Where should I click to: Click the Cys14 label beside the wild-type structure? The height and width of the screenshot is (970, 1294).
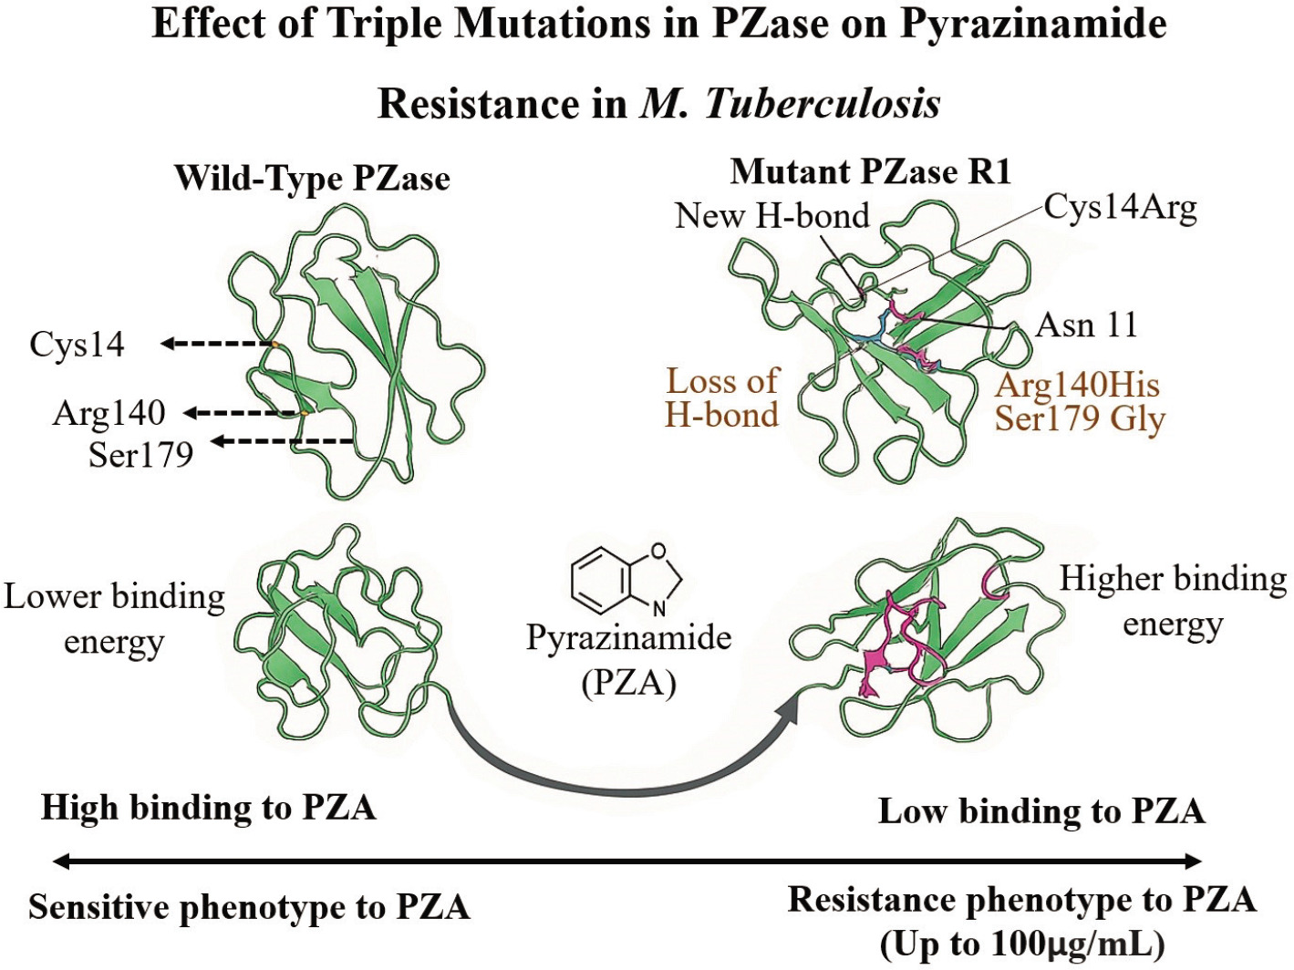coord(77,345)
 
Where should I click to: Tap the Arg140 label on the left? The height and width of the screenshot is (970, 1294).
coord(109,413)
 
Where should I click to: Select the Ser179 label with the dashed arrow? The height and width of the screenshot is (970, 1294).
coord(140,453)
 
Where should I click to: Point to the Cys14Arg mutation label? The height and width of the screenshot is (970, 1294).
coord(1120,208)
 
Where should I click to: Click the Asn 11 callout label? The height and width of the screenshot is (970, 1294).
coord(1087,325)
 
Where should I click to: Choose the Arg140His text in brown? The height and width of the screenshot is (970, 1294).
coord(1077,384)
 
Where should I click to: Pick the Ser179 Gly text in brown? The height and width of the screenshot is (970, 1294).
coord(1080,418)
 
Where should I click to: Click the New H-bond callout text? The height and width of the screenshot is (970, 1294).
coord(772,216)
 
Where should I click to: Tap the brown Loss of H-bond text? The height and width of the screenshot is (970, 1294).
coord(722,397)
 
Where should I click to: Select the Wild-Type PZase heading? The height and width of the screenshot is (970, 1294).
coord(312,178)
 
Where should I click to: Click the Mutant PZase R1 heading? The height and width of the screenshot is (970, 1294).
coord(871,171)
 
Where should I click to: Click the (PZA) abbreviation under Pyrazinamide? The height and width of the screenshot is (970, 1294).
coord(628,681)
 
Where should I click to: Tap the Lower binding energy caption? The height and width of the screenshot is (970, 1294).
coord(114,618)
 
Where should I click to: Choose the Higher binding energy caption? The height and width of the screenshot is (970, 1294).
coord(1173,601)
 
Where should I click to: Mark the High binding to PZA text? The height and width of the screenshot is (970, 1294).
coord(209,808)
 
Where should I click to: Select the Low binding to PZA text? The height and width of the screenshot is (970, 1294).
coord(1041,810)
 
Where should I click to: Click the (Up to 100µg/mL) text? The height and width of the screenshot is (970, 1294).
coord(1021,944)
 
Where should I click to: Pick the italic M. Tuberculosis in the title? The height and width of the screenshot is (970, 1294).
coord(790,104)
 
